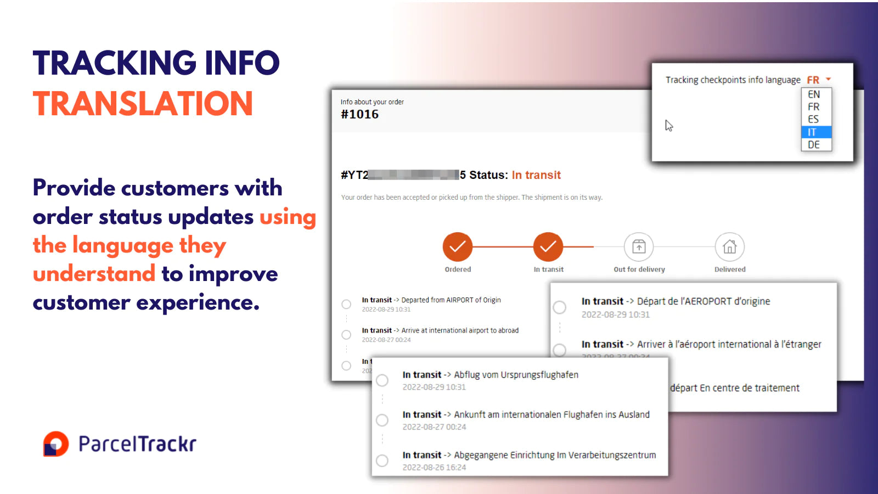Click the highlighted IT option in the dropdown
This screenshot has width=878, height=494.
click(816, 132)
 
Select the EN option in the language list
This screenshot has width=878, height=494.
click(814, 94)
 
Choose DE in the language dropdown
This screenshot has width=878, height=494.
click(814, 145)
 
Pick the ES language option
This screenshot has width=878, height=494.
click(813, 119)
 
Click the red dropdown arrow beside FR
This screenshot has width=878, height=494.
click(828, 79)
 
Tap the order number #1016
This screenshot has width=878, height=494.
click(359, 114)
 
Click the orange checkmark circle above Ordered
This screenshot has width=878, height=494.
click(458, 246)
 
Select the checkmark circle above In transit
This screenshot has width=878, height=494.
click(548, 246)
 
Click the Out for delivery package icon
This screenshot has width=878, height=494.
click(639, 246)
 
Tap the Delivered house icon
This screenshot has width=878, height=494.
click(729, 246)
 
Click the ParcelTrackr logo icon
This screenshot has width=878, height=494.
click(56, 444)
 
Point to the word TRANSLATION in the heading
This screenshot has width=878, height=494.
click(143, 104)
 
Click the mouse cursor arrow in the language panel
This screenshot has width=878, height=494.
click(668, 126)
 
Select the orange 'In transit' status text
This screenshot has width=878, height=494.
click(536, 175)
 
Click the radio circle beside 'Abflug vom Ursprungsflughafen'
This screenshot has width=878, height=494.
click(382, 380)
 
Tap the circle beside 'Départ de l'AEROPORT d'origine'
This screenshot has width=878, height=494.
click(560, 307)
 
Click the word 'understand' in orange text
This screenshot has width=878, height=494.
click(94, 273)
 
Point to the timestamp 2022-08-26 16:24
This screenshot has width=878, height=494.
click(434, 468)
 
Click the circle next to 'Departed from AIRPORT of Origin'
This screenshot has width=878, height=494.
click(346, 304)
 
